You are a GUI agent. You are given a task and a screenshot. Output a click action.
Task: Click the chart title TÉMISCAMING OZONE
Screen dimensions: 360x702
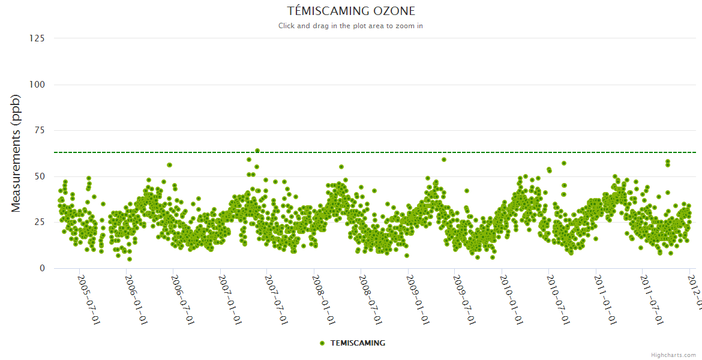(x=351, y=11)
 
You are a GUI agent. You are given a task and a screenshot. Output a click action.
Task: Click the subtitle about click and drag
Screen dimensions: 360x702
(x=351, y=26)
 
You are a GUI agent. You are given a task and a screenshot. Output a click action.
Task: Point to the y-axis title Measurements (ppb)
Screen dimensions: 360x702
(x=16, y=153)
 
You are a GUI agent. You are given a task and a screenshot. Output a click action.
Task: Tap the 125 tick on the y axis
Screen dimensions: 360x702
(x=37, y=38)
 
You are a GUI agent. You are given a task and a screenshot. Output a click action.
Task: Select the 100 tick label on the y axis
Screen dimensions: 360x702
(x=37, y=85)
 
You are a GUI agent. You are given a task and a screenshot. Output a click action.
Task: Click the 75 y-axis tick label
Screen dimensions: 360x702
(x=39, y=130)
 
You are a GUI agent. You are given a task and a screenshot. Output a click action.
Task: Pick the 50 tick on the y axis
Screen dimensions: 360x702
(x=39, y=176)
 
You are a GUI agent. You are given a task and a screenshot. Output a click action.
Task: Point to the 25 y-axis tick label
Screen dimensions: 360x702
(x=39, y=223)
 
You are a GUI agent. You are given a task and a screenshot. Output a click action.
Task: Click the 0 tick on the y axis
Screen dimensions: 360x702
(x=41, y=268)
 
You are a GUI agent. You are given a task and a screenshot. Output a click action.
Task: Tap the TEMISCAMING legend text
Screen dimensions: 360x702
(x=358, y=343)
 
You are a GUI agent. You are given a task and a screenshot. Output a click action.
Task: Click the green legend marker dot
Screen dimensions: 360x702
(x=322, y=343)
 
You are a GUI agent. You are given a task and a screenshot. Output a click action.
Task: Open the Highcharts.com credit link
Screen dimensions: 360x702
(x=673, y=355)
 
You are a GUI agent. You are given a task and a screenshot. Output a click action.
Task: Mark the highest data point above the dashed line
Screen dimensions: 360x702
(x=257, y=151)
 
